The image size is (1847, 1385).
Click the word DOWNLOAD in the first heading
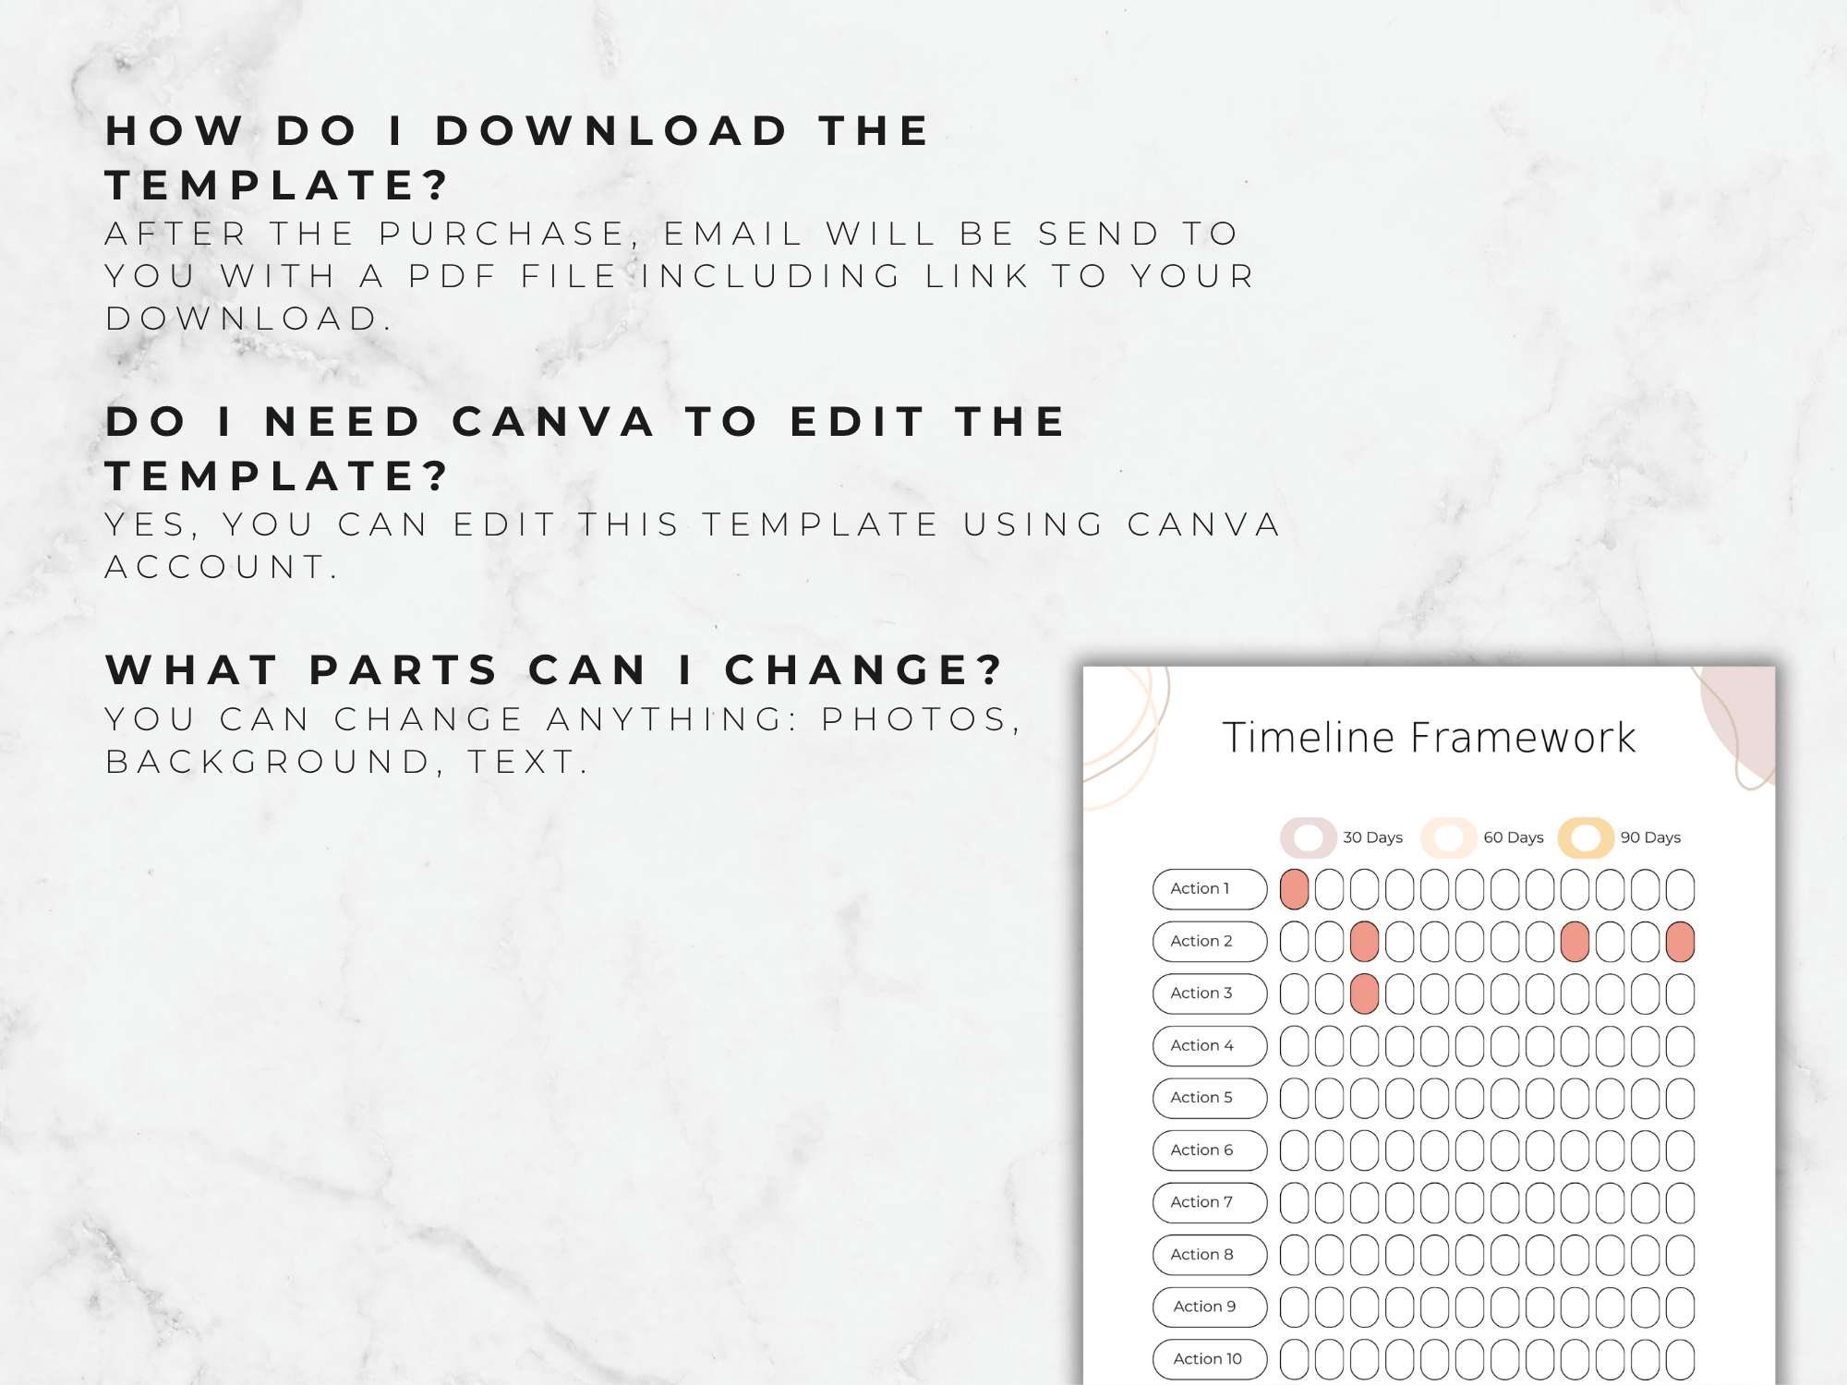tap(611, 130)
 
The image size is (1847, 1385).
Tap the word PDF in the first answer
tap(453, 275)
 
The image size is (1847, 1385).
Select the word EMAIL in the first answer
tap(733, 234)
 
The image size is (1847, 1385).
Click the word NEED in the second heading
tap(343, 422)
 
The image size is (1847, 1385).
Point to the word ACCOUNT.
tap(221, 566)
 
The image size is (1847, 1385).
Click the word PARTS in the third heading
tap(404, 669)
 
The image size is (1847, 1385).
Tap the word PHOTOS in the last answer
tap(920, 718)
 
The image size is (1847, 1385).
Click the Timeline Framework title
tap(1429, 737)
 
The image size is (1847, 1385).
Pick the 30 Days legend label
tap(1372, 837)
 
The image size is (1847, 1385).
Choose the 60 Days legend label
tap(1514, 837)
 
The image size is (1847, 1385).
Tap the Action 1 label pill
tap(1210, 888)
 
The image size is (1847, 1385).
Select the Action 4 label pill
tap(1210, 1045)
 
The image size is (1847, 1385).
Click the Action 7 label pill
tap(1210, 1202)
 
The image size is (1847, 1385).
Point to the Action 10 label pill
tap(1210, 1359)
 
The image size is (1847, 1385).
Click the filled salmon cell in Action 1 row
tap(1295, 889)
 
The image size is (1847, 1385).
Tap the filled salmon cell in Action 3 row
tap(1364, 994)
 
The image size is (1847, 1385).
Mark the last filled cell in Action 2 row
tap(1680, 942)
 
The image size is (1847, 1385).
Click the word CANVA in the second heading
tap(554, 422)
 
